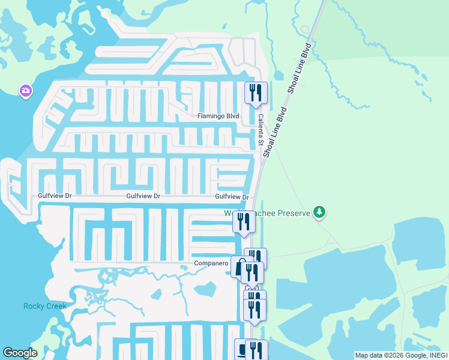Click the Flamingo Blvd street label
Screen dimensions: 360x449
218,116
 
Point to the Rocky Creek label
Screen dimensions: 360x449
44,306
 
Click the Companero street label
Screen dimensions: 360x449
211,263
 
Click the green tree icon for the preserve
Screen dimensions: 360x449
320,212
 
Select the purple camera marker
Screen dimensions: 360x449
25,91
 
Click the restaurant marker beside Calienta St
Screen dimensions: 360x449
256,92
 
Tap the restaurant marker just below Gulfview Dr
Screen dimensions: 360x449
244,221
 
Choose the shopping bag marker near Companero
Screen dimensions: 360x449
240,268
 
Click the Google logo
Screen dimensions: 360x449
20,353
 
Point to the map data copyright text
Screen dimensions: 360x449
401,355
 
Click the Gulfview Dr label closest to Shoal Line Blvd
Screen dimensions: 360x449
232,196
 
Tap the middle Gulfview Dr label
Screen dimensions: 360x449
143,196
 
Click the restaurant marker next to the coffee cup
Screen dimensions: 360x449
257,349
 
